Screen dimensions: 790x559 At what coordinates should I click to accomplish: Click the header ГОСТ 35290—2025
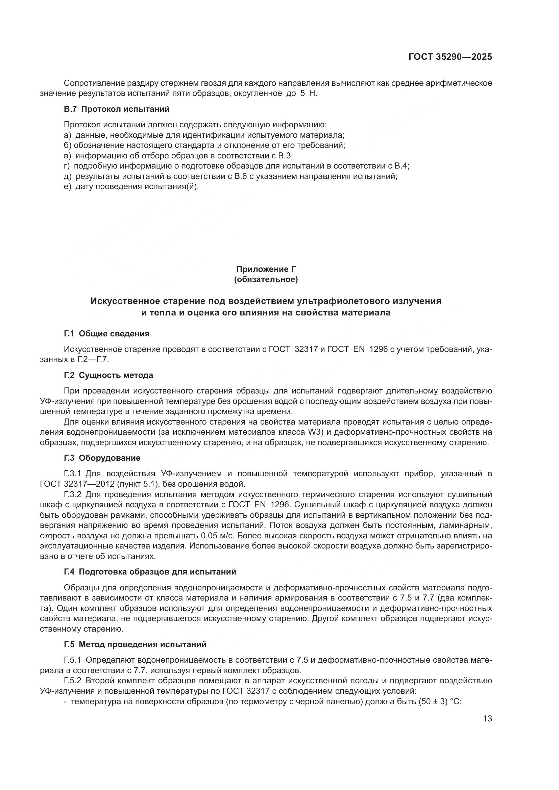pyautogui.click(x=450, y=57)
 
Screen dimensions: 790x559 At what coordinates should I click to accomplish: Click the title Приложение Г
pyautogui.click(x=266, y=269)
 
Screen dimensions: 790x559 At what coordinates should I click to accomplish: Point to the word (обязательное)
pyautogui.click(x=266, y=279)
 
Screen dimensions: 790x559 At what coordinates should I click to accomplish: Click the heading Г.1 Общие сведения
pyautogui.click(x=107, y=333)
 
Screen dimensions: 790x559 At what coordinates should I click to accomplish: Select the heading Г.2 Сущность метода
pyautogui.click(x=108, y=375)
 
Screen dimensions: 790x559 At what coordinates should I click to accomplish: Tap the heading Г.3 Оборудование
pyautogui.click(x=102, y=458)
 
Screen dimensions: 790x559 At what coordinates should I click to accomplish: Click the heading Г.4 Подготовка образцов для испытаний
pyautogui.click(x=150, y=572)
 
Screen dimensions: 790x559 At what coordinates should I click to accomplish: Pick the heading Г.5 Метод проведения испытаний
pyautogui.click(x=135, y=644)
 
